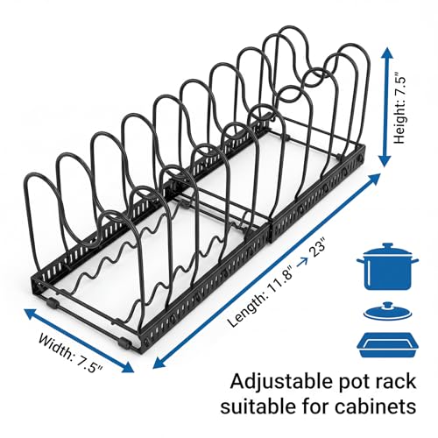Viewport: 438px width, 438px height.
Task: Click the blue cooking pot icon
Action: [387, 266]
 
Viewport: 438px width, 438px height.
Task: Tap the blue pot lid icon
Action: [387, 311]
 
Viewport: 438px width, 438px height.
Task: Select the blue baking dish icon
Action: [387, 344]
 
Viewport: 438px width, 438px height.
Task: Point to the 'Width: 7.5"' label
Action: [70, 354]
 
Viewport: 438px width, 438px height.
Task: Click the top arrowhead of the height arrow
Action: [386, 54]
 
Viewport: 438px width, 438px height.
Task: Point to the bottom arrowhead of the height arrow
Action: [385, 160]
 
